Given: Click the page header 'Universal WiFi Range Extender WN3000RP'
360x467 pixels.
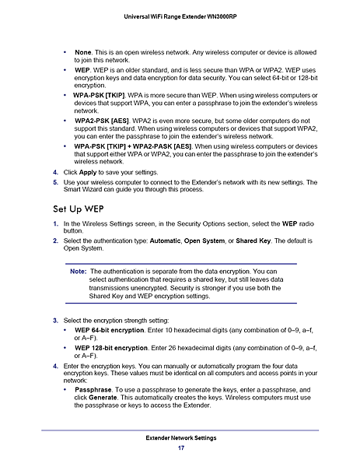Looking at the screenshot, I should (x=180, y=17).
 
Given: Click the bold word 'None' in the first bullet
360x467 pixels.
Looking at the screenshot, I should (x=82, y=52).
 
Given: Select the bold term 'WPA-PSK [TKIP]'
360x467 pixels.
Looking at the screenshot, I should (x=103, y=93).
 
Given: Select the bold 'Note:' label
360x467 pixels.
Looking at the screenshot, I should (x=78, y=272).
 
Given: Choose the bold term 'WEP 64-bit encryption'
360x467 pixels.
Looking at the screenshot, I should (x=114, y=331).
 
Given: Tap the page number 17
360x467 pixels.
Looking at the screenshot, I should (x=180, y=450).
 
